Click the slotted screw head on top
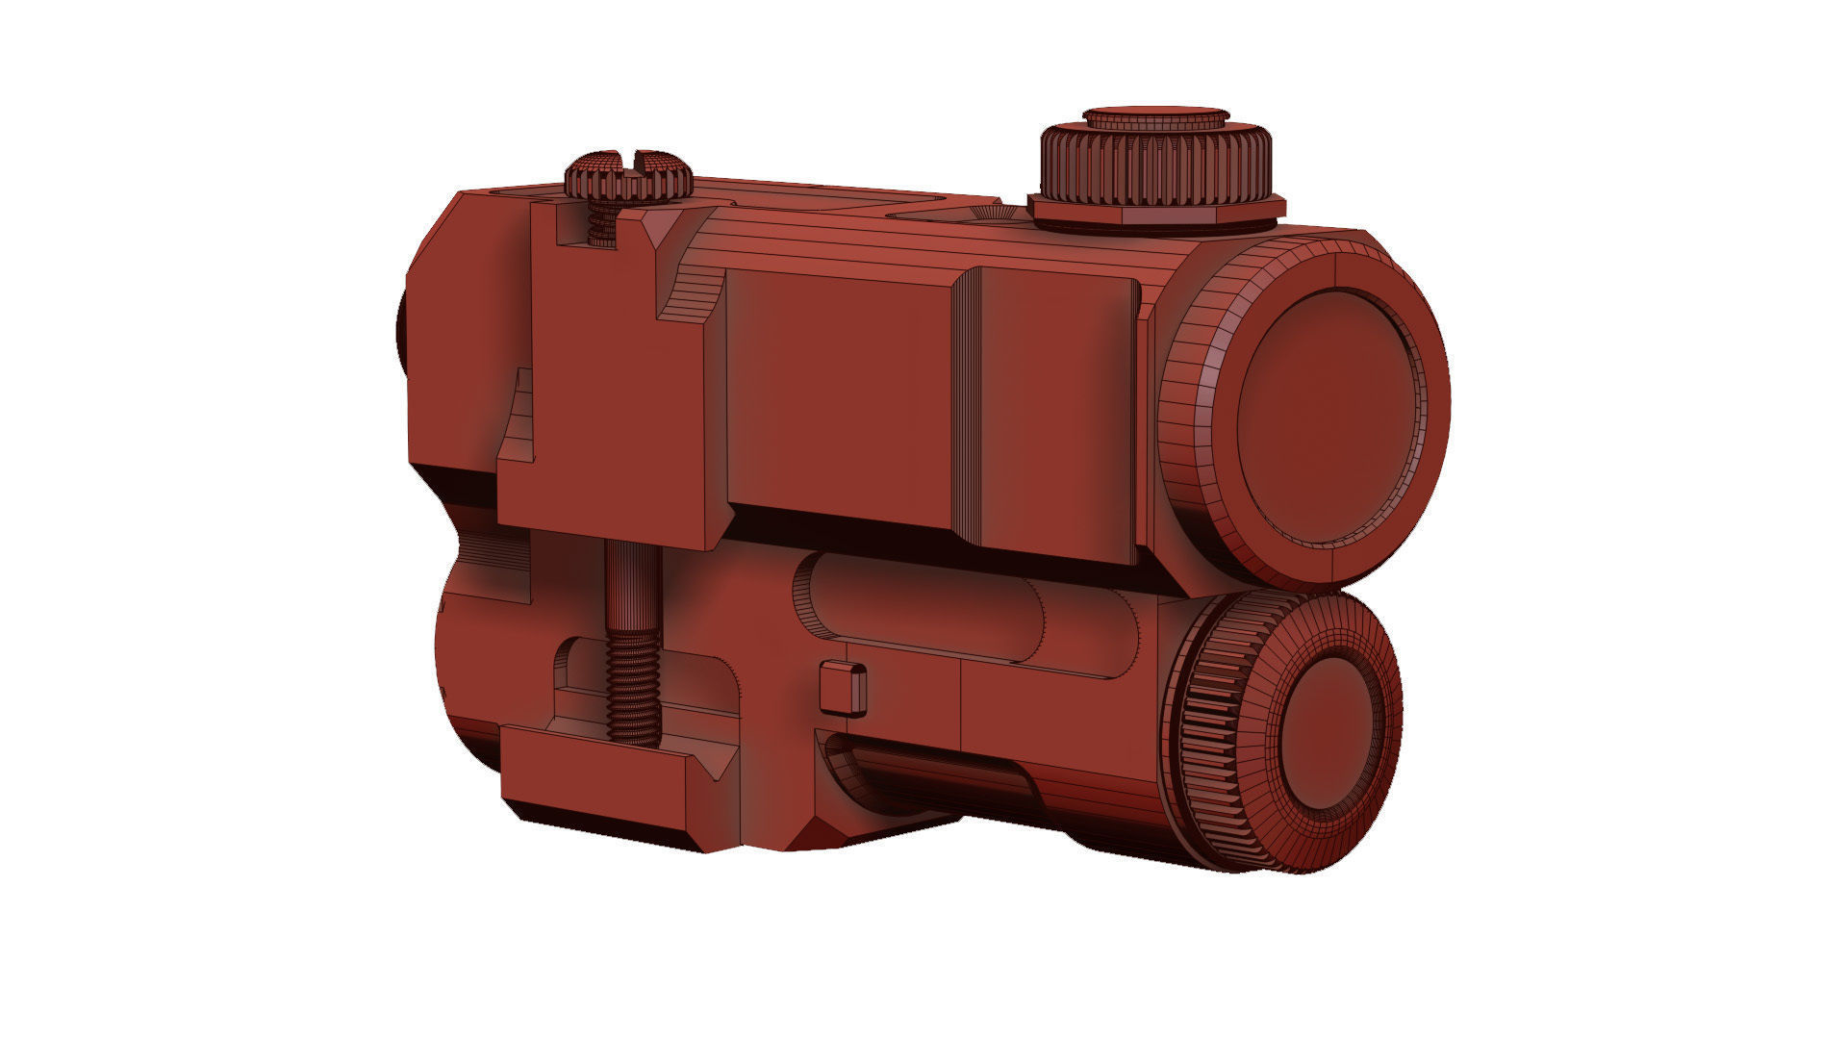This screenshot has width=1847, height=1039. pyautogui.click(x=627, y=174)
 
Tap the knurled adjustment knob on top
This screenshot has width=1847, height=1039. pyautogui.click(x=1154, y=167)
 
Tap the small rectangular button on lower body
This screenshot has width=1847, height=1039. pyautogui.click(x=843, y=689)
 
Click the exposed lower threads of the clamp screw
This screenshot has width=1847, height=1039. pyautogui.click(x=633, y=688)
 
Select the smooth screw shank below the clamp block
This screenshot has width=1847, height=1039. pyautogui.click(x=631, y=582)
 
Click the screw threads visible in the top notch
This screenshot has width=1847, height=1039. pyautogui.click(x=601, y=229)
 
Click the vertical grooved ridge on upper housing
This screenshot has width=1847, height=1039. pyautogui.click(x=966, y=414)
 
